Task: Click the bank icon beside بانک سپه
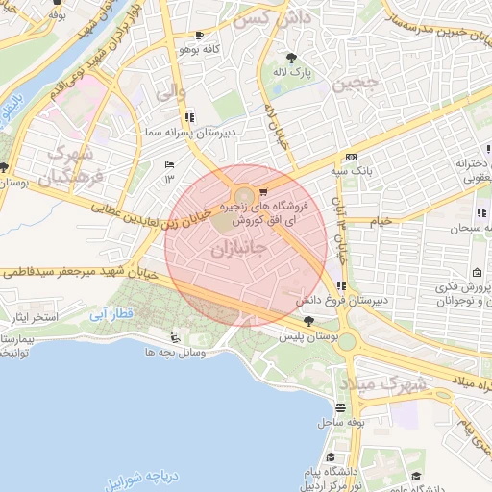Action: pyautogui.click(x=351, y=157)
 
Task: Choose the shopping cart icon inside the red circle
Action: pyautogui.click(x=262, y=191)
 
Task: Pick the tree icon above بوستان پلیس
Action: pyautogui.click(x=307, y=322)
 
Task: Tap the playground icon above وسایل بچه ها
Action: pyautogui.click(x=174, y=337)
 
